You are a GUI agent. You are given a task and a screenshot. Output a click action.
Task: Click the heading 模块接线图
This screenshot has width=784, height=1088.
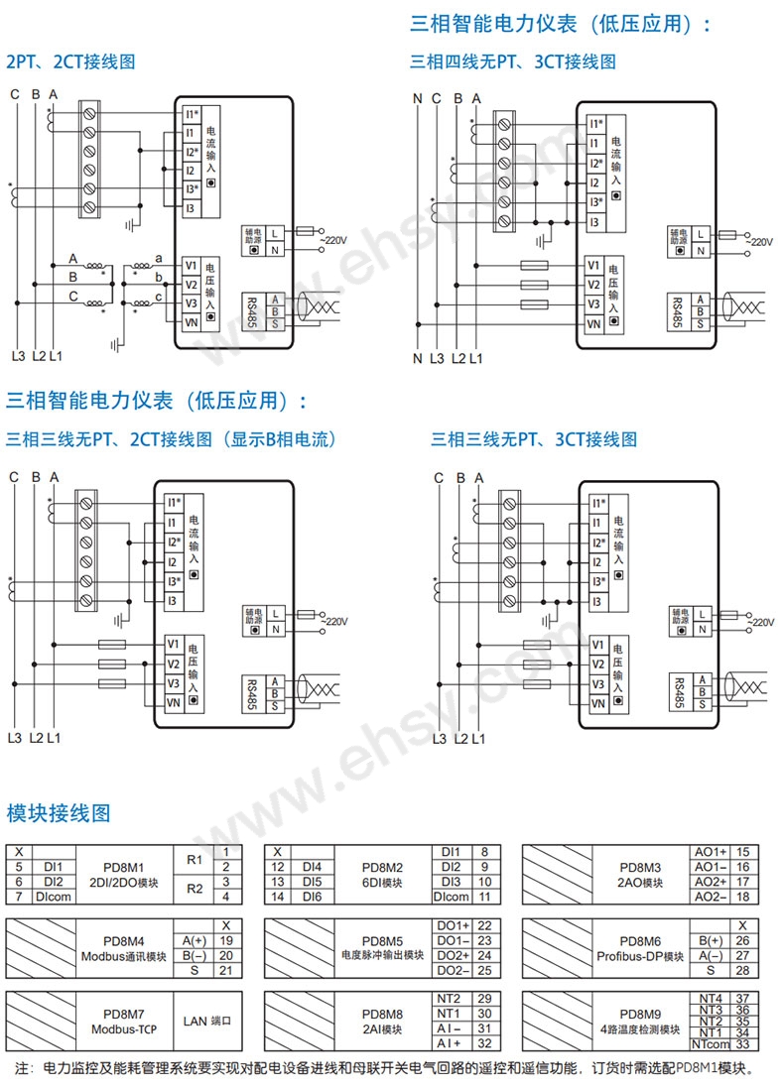point(59,814)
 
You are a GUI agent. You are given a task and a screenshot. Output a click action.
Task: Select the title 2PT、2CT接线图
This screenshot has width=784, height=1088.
point(70,61)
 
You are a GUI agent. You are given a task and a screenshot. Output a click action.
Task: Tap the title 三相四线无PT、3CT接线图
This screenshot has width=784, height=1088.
point(512,61)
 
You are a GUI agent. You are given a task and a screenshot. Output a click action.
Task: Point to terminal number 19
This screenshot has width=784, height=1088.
point(226,939)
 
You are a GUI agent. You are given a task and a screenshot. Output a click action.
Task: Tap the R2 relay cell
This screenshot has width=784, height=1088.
point(194,889)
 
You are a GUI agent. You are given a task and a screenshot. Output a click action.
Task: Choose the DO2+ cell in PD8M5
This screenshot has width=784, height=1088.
point(453,955)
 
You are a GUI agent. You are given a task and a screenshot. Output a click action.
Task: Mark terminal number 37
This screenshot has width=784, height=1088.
point(741,998)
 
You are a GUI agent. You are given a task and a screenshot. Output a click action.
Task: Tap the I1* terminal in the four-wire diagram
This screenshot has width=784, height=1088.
point(595,124)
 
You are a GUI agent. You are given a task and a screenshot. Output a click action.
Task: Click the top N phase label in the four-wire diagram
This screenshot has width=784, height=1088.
point(418,98)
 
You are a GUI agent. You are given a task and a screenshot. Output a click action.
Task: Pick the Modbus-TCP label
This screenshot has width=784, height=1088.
point(124,1028)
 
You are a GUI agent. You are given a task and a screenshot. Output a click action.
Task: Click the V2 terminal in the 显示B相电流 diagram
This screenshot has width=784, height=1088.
point(172,664)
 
